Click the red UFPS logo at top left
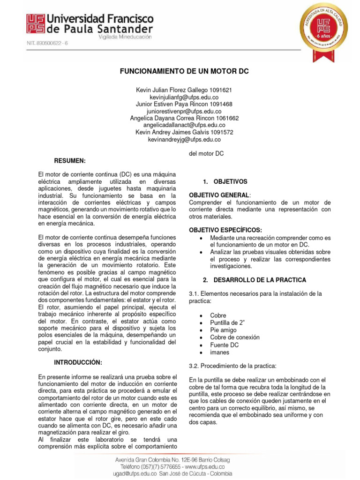36,23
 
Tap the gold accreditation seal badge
324,31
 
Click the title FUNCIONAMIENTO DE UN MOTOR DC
184,71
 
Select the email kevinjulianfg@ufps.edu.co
184,97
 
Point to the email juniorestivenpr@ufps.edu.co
184,111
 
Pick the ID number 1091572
222,132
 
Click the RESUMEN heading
70,160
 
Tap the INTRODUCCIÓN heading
78,362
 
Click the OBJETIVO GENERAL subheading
219,195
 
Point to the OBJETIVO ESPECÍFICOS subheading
225,230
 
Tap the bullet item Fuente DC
225,345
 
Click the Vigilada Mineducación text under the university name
124,36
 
